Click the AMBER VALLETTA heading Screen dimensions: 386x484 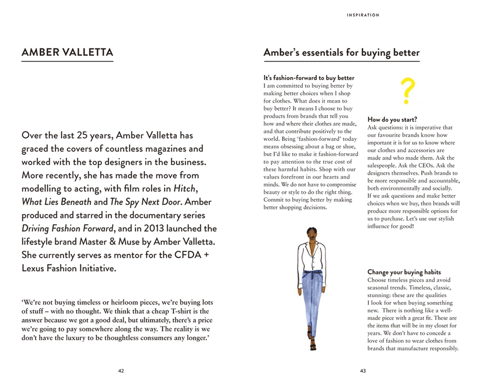(x=67, y=52)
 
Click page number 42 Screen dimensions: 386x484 (x=121, y=371)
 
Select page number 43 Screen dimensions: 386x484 (x=363, y=371)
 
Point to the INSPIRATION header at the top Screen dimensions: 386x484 (x=363, y=15)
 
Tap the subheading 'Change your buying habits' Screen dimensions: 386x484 (x=404, y=272)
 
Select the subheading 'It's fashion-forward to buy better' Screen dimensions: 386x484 (x=308, y=78)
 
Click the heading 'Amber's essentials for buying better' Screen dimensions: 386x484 (x=341, y=52)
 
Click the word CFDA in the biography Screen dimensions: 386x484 (x=191, y=255)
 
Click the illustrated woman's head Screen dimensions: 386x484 (x=311, y=234)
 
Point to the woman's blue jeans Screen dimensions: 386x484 (x=312, y=294)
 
